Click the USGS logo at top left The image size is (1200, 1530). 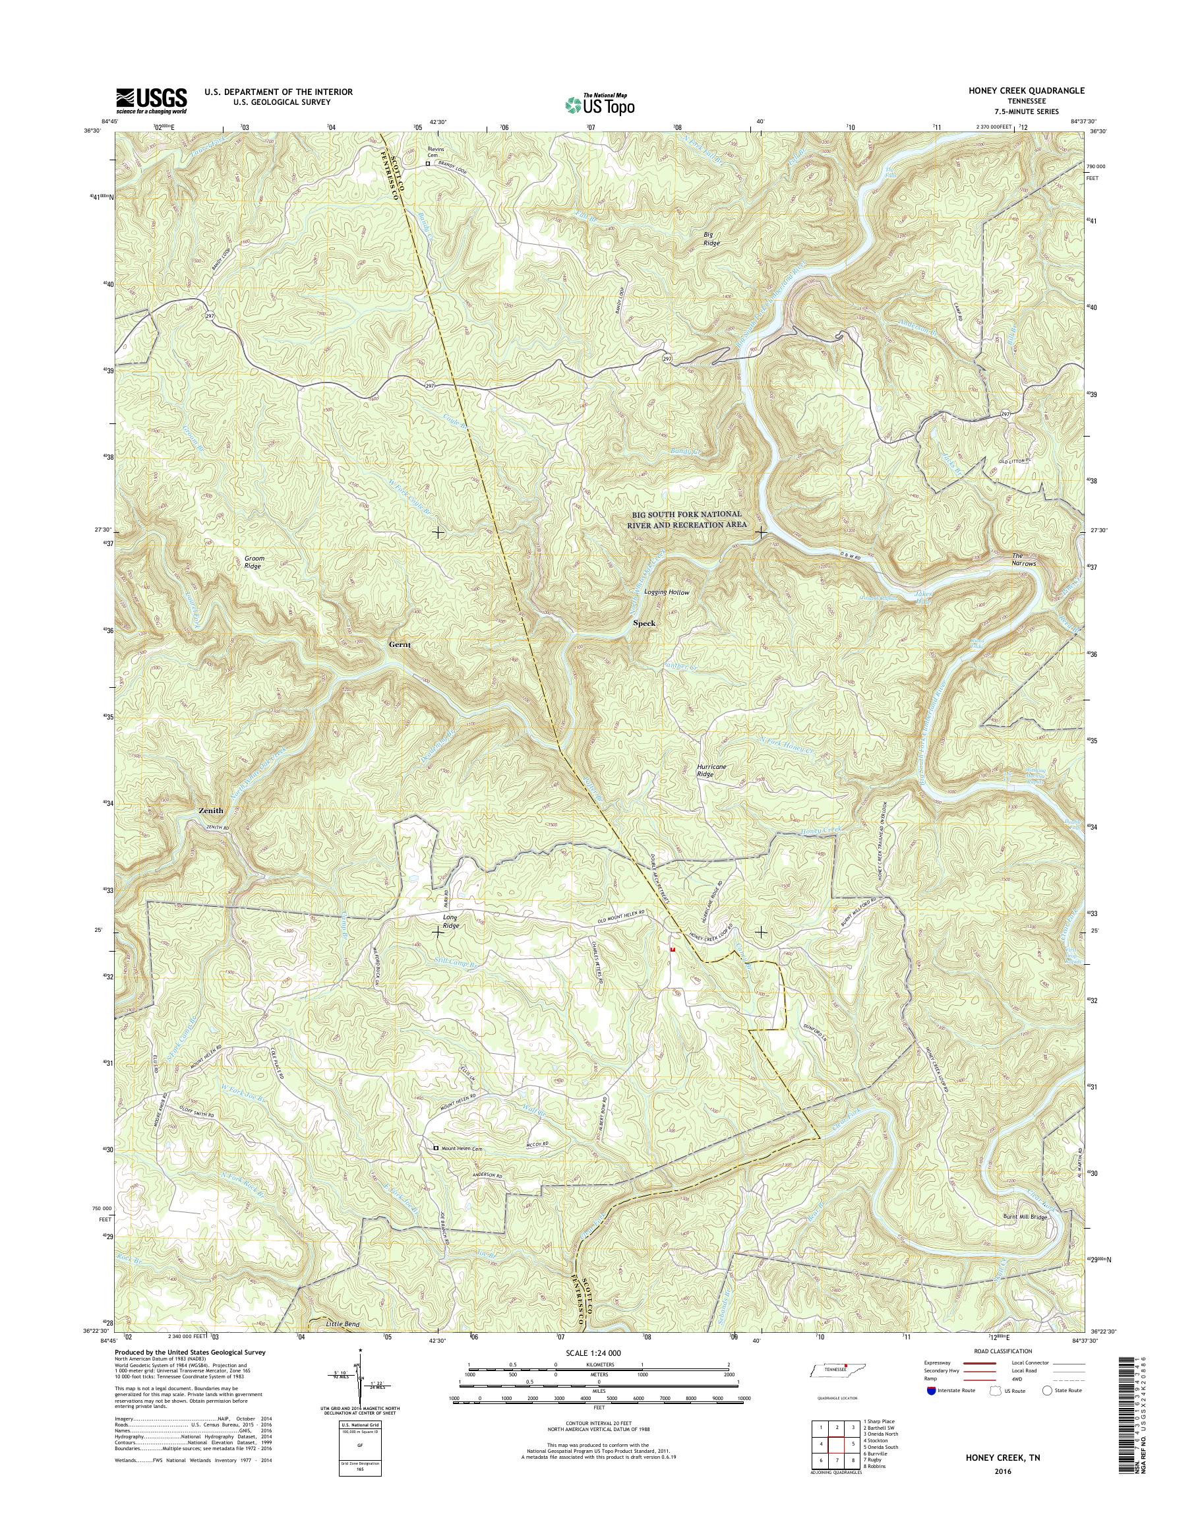(151, 100)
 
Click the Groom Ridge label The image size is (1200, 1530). (255, 563)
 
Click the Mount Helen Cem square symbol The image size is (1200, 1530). (436, 1148)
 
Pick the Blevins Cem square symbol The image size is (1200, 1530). (427, 164)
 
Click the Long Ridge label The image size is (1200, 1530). (450, 921)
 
